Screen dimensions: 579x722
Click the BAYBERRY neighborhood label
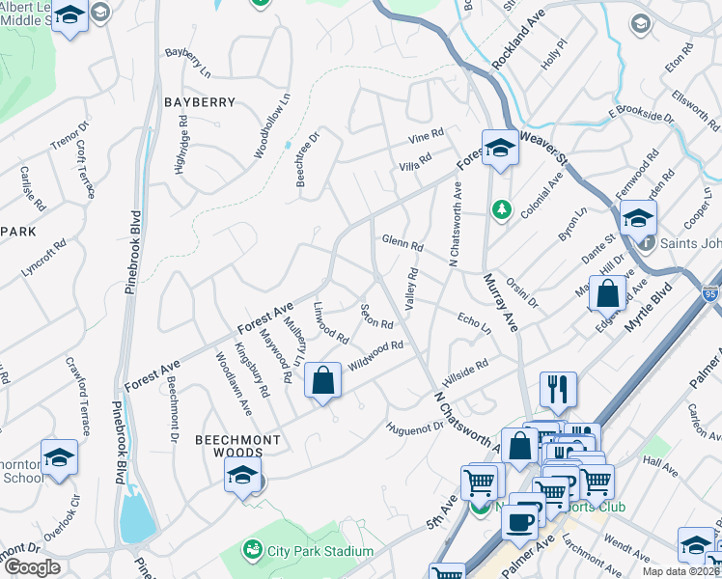[x=200, y=101]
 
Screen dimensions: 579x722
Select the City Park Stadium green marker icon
[x=253, y=550]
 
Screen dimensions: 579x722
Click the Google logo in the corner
[x=32, y=567]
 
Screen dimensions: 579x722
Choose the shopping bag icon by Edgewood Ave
[x=608, y=291]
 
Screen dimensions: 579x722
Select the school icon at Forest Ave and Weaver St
[x=499, y=148]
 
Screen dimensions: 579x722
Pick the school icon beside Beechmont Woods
[x=242, y=474]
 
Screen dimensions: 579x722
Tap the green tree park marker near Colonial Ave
[x=501, y=207]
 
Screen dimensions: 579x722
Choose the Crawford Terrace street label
[x=83, y=386]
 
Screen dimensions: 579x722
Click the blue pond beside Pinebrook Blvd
[x=137, y=518]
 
